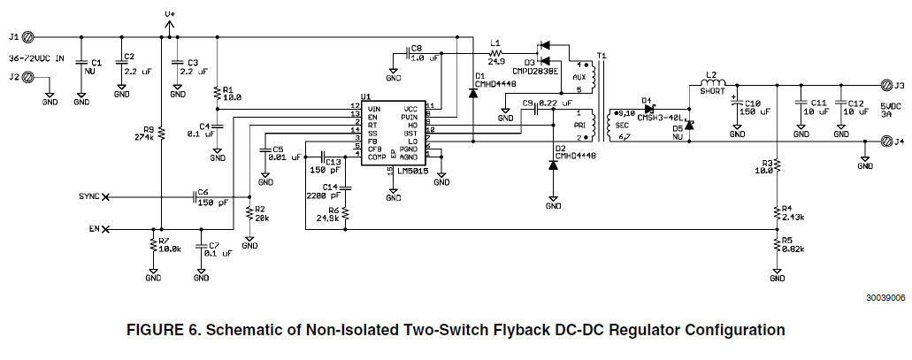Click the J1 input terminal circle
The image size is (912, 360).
pyautogui.click(x=27, y=37)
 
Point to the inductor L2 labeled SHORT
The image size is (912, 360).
pyautogui.click(x=713, y=89)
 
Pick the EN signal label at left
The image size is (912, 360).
pyautogui.click(x=93, y=230)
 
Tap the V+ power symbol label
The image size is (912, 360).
pyautogui.click(x=170, y=15)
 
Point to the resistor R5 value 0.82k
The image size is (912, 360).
pyautogui.click(x=793, y=249)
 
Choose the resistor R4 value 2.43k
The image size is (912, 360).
pyautogui.click(x=793, y=217)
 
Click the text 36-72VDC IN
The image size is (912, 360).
pyautogui.click(x=36, y=58)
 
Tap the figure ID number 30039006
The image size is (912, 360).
pyautogui.click(x=885, y=299)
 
